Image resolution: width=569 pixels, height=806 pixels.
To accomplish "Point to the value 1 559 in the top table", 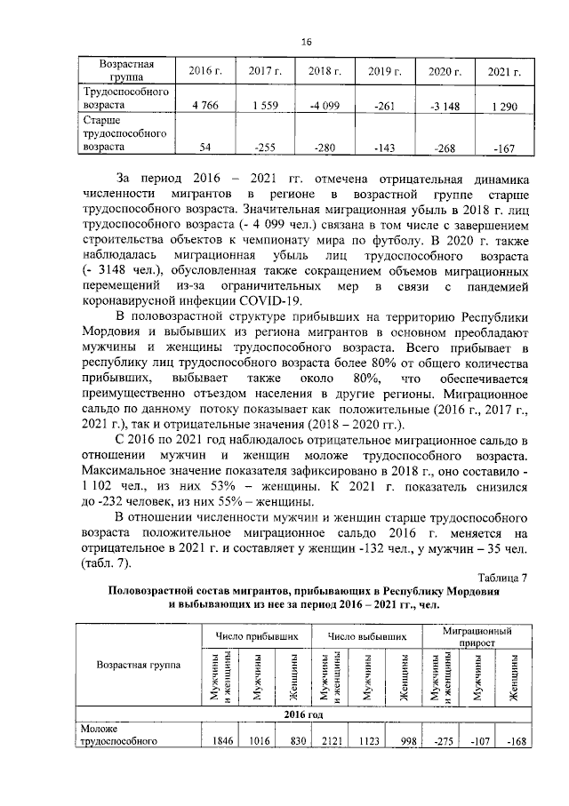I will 265,107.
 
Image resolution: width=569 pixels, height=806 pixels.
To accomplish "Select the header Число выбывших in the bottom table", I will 367,637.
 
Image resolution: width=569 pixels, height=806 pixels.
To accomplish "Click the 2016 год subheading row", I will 303,714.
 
